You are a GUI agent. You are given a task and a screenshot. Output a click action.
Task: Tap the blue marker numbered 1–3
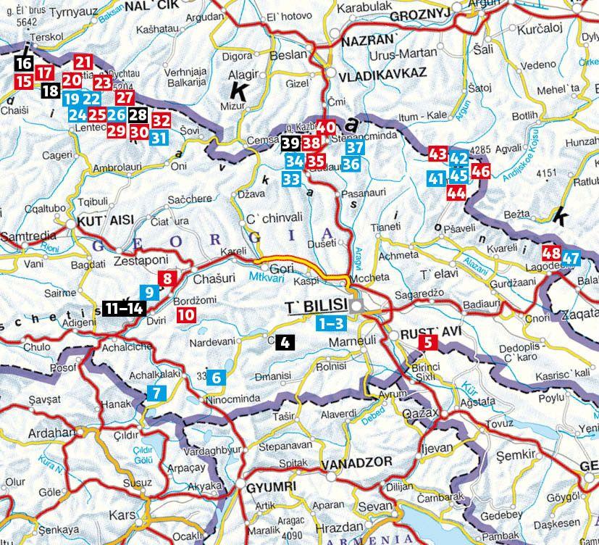click(x=330, y=323)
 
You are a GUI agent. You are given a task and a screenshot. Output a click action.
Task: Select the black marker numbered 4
click(x=285, y=343)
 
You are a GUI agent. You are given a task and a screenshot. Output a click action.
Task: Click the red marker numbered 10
click(x=185, y=315)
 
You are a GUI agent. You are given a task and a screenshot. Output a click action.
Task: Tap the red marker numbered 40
click(x=326, y=125)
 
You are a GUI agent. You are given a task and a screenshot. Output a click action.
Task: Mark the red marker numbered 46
click(x=480, y=172)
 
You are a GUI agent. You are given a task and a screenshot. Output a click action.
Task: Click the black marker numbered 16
click(x=23, y=65)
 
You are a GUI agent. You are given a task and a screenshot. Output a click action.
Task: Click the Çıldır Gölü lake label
click(x=159, y=453)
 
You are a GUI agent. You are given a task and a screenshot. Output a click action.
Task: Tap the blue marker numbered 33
click(x=293, y=178)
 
